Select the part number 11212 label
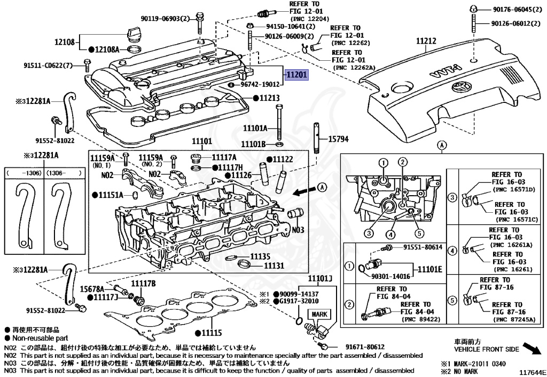pos(427,40)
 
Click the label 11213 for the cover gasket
pos(269,98)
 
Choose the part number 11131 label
pos(273,265)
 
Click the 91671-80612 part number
pos(365,347)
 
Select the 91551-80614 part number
pos(423,247)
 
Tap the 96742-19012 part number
pos(260,84)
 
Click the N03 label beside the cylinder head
pos(298,229)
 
